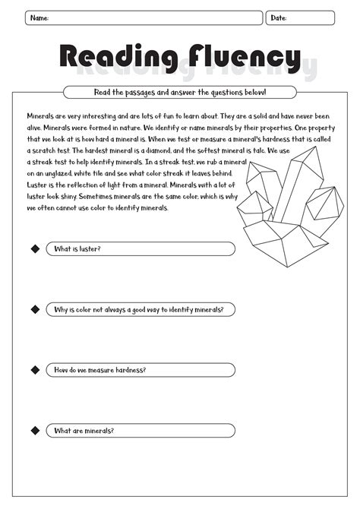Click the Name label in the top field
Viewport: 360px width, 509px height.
[39, 17]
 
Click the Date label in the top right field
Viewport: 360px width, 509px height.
[279, 17]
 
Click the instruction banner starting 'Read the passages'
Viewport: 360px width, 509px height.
[180, 93]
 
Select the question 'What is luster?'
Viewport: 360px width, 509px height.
[77, 249]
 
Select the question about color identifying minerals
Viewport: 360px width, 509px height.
[138, 309]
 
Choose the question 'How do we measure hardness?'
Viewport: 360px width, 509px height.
[100, 370]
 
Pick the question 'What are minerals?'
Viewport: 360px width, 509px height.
[84, 431]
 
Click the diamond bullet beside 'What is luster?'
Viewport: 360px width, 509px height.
[34, 249]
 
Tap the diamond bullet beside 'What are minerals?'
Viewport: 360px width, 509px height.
[34, 431]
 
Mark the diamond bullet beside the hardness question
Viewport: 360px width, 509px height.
[34, 370]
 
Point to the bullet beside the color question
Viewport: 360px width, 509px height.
[34, 309]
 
